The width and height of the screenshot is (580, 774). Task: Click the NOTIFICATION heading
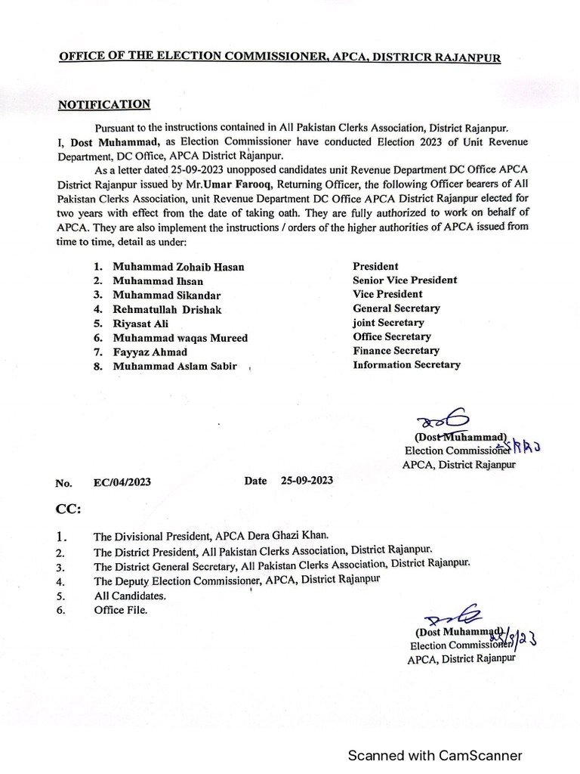point(104,105)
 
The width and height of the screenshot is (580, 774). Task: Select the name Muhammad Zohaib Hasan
point(178,268)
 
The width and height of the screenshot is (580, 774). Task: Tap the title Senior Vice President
point(405,280)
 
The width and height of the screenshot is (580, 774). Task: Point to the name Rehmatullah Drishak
point(168,310)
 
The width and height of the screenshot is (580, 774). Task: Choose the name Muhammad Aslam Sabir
point(175,366)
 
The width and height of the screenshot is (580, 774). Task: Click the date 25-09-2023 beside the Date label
point(307,481)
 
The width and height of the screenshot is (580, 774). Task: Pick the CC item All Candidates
point(129,596)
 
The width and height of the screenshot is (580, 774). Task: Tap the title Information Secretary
point(406,365)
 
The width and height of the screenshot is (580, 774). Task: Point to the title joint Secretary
point(388,323)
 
